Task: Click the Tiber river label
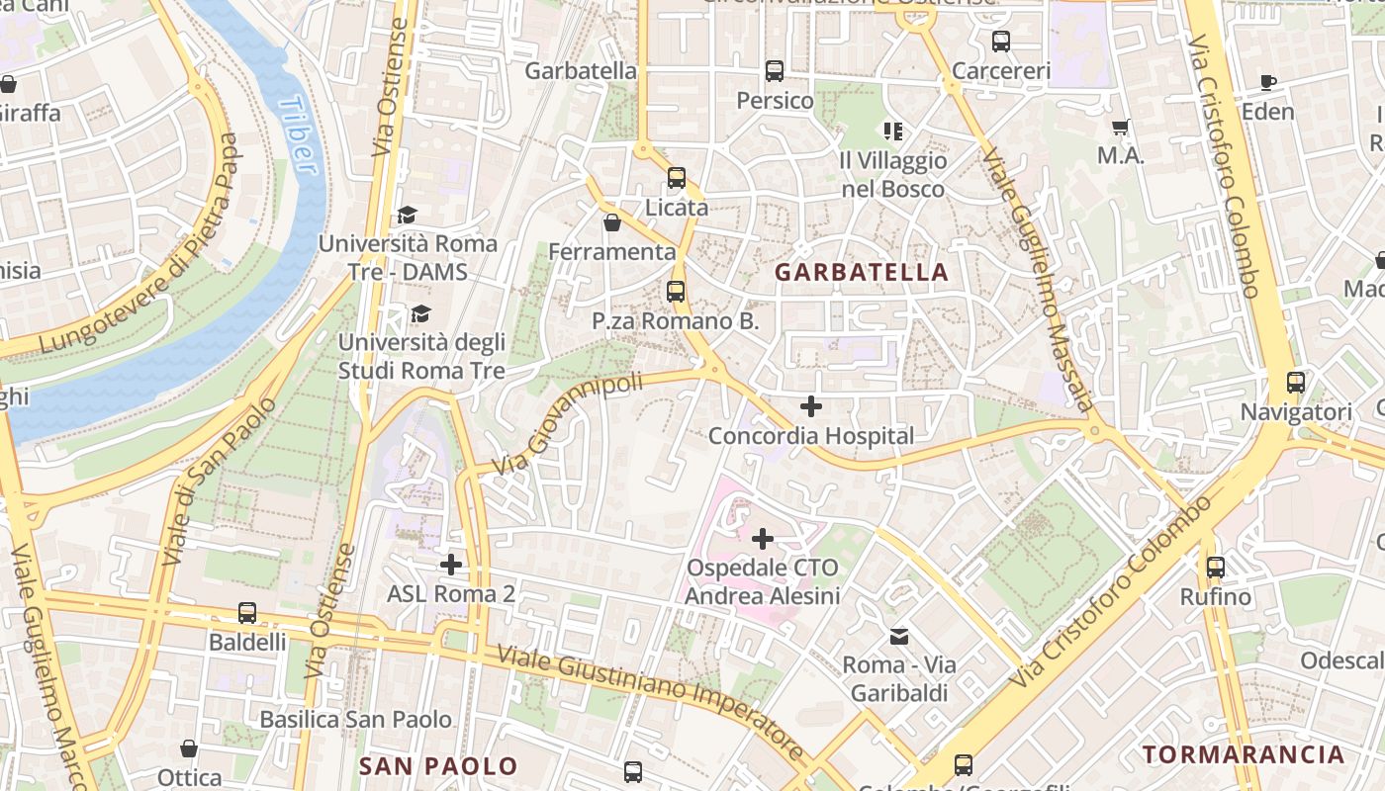coord(299,135)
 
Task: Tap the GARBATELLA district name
coord(861,272)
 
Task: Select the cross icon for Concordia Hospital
coord(811,405)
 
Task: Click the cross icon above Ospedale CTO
coord(763,539)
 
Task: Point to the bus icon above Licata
coord(677,178)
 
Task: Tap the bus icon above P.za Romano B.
coord(676,292)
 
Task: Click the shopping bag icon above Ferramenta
coord(612,222)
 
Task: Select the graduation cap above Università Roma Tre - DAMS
coord(407,215)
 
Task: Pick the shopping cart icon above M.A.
coord(1121,127)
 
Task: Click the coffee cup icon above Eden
coord(1268,82)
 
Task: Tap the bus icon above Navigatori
coord(1295,382)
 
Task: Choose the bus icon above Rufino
coord(1216,568)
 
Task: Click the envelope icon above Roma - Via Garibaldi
coord(899,636)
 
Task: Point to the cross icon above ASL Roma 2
coord(451,565)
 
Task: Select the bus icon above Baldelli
coord(247,613)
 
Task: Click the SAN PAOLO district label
coord(437,766)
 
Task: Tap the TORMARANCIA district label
coord(1244,754)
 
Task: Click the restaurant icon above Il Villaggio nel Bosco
coord(893,131)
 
